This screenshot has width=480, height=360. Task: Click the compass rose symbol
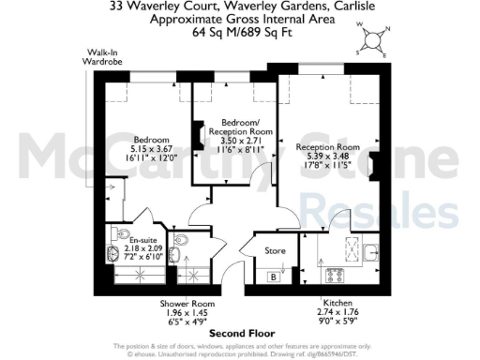click(373, 40)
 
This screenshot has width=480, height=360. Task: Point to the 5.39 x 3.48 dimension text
click(327, 158)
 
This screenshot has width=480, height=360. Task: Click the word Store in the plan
click(275, 250)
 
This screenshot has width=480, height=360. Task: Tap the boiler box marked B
click(273, 276)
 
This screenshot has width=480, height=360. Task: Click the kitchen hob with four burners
click(334, 275)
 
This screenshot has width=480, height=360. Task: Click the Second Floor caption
click(239, 333)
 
